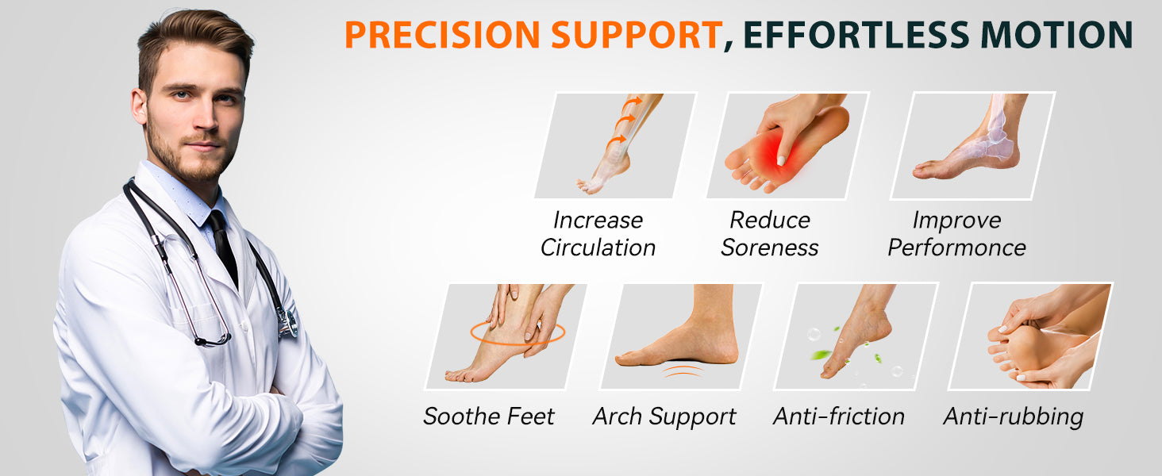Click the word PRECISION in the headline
coord(444,35)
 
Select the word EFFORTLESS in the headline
coord(856,35)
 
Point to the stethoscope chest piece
coord(287,321)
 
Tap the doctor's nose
coord(206,118)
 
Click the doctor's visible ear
coord(139,106)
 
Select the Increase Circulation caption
coord(598,234)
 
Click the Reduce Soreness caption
coord(770,234)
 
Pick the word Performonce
coord(956,248)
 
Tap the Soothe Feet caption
coord(489,416)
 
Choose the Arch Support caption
coord(664,416)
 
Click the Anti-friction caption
coord(839,416)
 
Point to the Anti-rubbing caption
coord(1013,416)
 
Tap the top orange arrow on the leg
coord(632,102)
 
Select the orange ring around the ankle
coord(471,332)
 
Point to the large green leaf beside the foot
coord(821,355)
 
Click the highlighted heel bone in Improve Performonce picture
coord(1001,144)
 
